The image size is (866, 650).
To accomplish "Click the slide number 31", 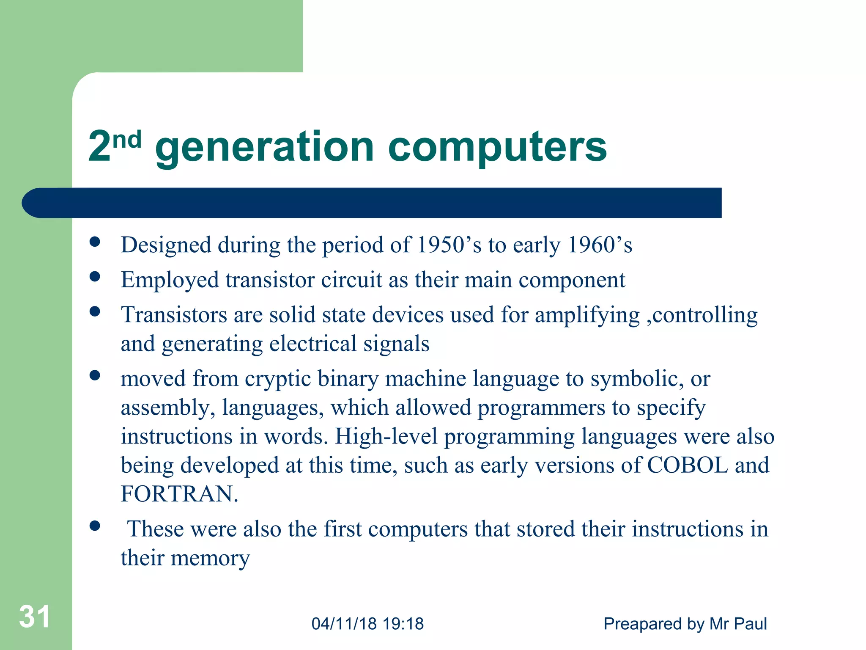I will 35,617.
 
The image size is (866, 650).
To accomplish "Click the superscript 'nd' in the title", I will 127,140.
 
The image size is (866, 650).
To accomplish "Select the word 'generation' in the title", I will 264,148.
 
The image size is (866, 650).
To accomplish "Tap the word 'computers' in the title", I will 497,148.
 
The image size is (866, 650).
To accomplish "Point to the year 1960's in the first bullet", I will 600,245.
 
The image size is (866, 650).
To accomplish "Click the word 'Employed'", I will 170,281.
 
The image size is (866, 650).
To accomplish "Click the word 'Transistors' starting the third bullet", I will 174,315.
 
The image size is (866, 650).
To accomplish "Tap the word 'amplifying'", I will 587,316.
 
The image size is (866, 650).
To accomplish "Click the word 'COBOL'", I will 688,465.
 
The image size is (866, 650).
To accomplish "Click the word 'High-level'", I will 386,436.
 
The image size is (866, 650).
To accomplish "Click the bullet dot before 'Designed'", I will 95,242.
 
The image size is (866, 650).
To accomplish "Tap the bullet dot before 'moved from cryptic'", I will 95,375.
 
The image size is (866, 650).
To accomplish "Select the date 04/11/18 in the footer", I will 344,624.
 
